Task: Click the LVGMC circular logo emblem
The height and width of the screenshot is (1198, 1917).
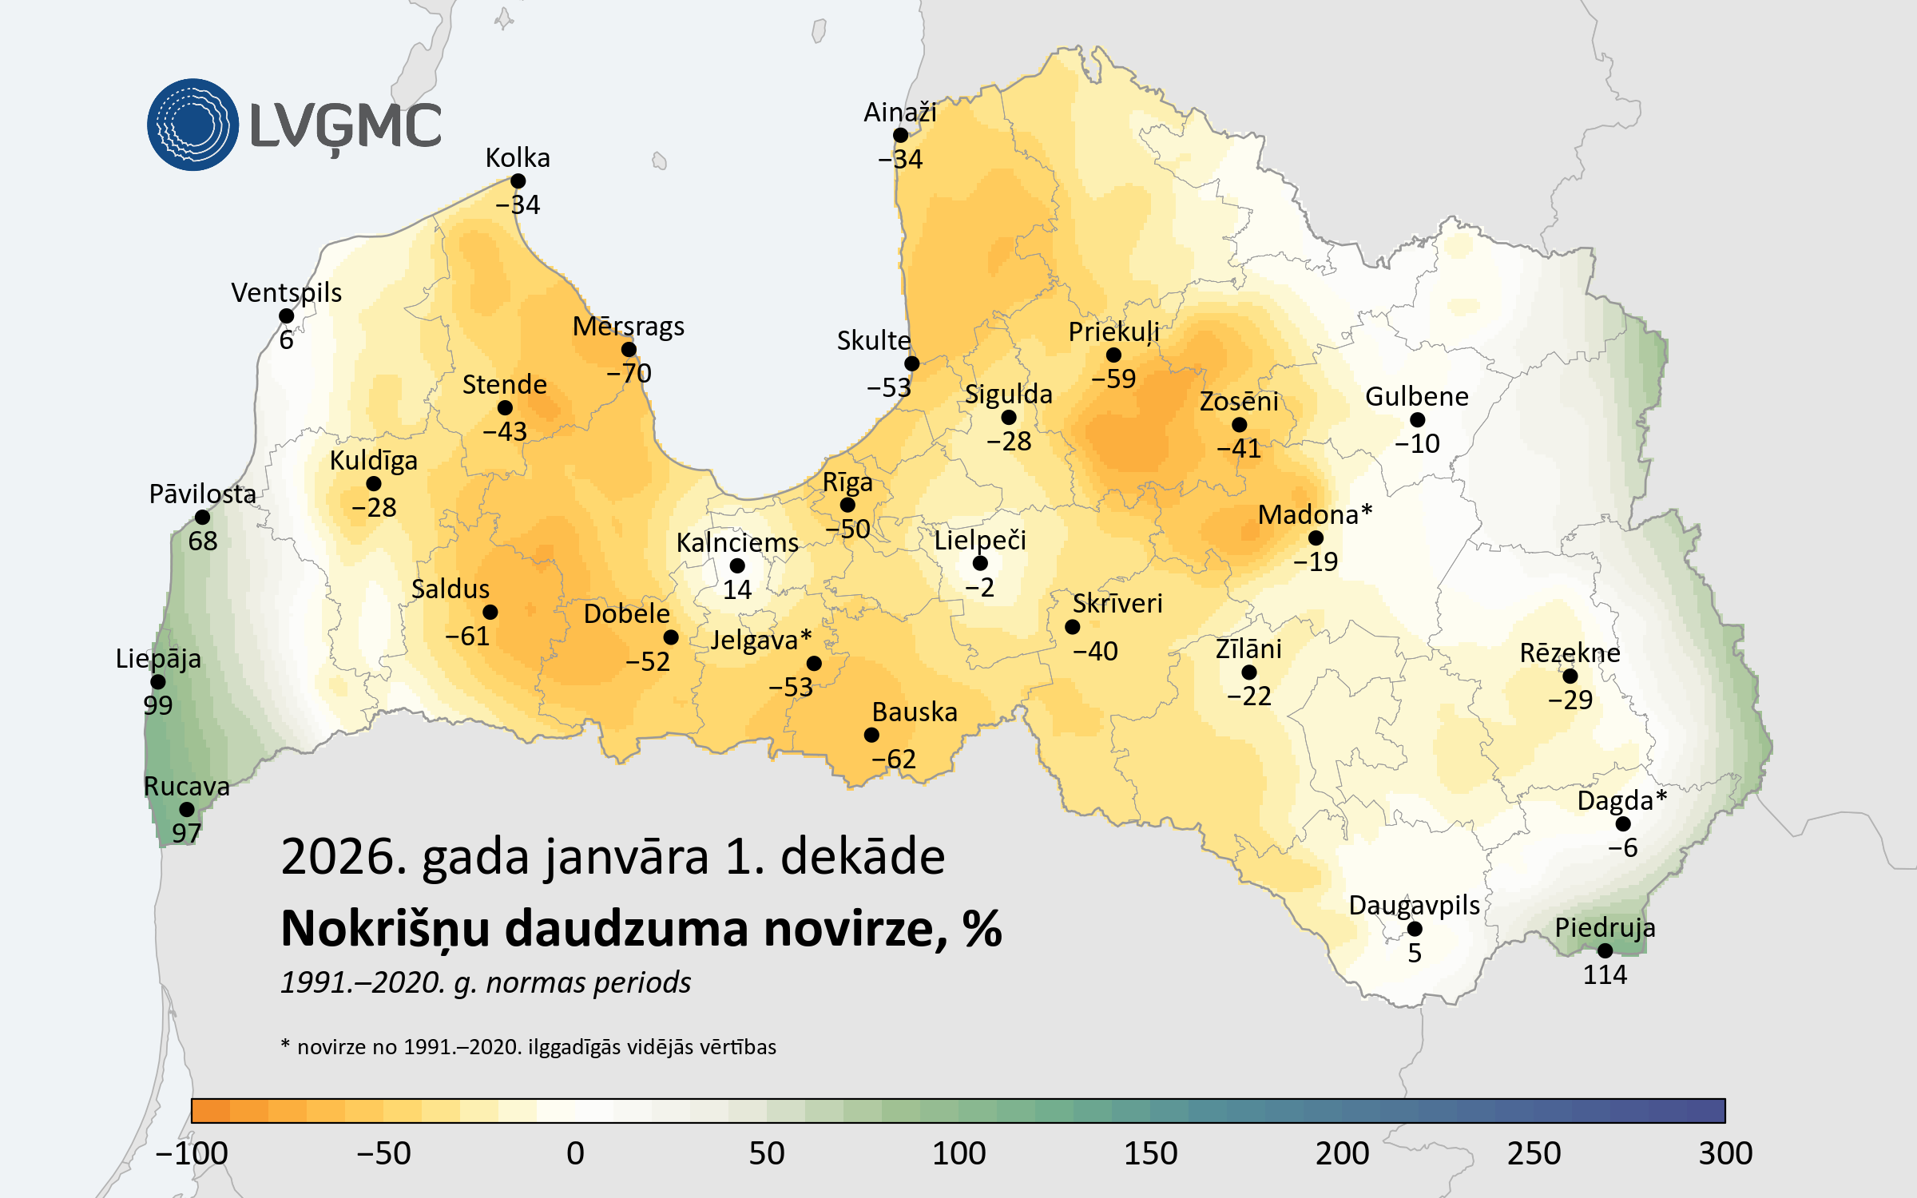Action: coord(192,125)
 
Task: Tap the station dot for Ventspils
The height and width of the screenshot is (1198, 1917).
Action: coord(286,316)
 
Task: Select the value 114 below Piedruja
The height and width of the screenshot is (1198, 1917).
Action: coord(1605,974)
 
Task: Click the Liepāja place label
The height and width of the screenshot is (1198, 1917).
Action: coord(158,658)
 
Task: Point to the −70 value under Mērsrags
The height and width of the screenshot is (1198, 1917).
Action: coord(629,373)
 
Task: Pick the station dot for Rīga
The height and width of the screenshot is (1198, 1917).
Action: coord(847,505)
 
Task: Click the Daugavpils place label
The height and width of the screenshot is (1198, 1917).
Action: coord(1414,905)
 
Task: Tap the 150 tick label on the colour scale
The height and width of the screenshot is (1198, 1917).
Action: coord(1150,1153)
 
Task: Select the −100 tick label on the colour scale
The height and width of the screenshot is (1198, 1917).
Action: coord(192,1153)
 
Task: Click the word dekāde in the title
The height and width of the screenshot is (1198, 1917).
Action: coord(862,856)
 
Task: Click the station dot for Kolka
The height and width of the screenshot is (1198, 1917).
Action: coord(518,181)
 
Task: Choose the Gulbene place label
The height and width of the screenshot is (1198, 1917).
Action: coord(1416,396)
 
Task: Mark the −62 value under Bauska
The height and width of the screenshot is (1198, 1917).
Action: coord(893,759)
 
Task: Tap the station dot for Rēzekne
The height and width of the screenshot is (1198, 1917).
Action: coord(1570,676)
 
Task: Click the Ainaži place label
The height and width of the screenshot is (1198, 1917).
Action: coord(899,113)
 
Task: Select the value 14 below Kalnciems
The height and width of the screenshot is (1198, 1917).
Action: coord(736,589)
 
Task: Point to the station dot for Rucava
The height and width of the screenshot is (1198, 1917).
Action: coord(186,810)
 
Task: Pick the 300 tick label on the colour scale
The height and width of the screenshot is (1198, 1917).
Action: coord(1725,1153)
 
